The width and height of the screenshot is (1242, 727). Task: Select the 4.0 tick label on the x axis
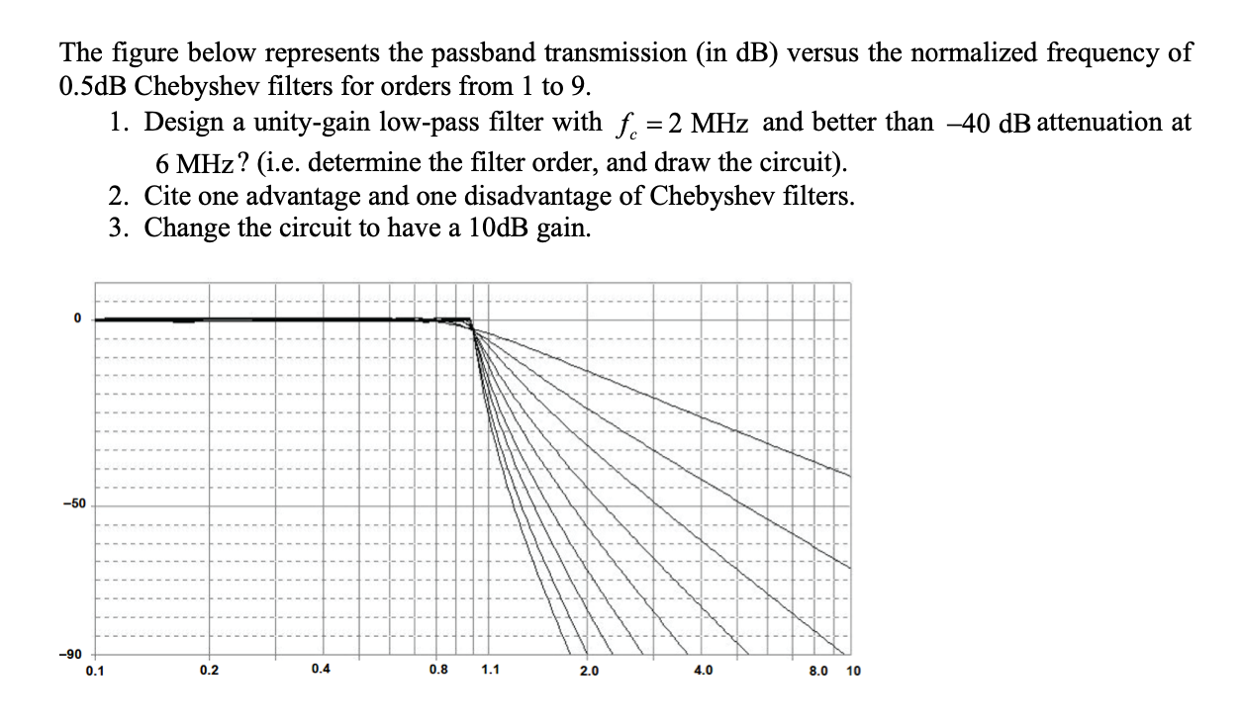702,671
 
